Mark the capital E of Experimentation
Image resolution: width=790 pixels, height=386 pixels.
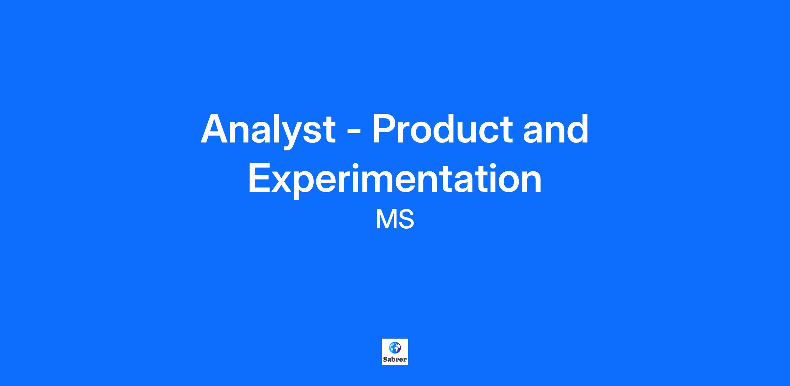tap(260, 178)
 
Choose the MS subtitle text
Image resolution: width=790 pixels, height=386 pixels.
tap(395, 220)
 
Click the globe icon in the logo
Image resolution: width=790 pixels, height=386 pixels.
tap(395, 347)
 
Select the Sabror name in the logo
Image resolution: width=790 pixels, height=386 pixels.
tap(395, 359)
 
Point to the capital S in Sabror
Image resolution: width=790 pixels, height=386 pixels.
tap(385, 359)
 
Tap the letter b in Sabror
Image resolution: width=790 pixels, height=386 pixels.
tap(393, 359)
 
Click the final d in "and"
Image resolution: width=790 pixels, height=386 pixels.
tap(577, 129)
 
